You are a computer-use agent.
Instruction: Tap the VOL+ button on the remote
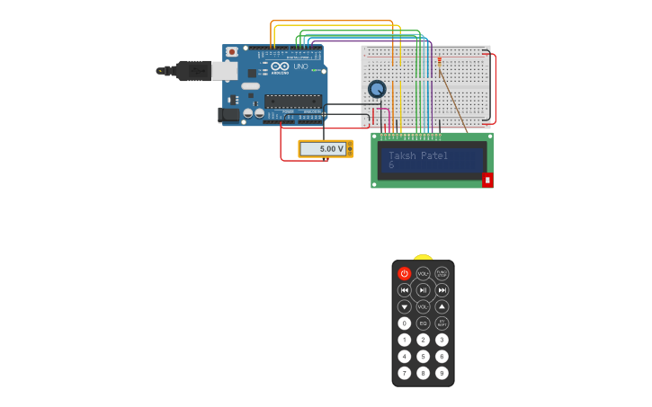tap(423, 273)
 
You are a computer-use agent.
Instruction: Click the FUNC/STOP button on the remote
tap(442, 273)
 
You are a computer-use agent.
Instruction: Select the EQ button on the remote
tap(423, 323)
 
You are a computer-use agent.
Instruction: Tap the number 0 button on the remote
tap(404, 323)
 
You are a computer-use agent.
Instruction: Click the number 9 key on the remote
tap(442, 373)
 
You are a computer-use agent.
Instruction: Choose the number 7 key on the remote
tap(404, 373)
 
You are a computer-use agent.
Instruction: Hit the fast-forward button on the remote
tap(442, 290)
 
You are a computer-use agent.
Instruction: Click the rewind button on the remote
tap(404, 290)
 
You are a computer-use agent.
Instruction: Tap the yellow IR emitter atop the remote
tap(423, 257)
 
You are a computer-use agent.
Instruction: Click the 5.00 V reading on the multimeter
tap(332, 148)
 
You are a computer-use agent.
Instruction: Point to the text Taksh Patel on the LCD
tap(424, 155)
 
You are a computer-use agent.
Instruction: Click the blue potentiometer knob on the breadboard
tap(377, 89)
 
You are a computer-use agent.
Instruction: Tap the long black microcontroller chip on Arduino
tap(292, 101)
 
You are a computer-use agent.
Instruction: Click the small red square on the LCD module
tap(487, 180)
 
